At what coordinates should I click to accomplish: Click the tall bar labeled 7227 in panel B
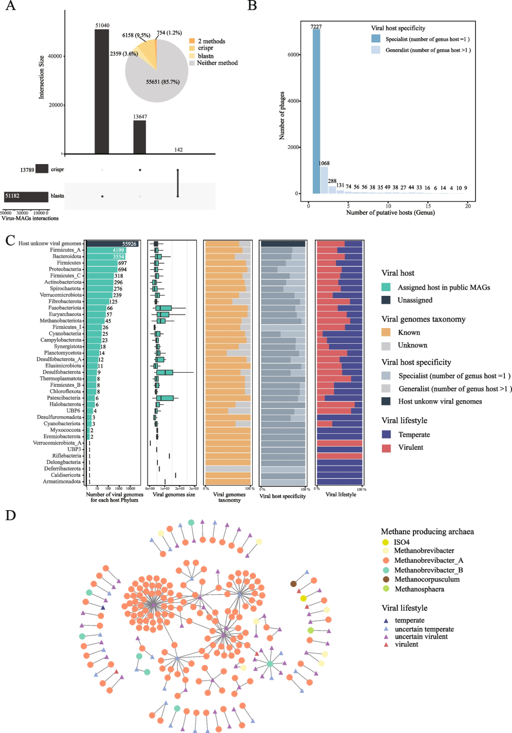click(x=316, y=111)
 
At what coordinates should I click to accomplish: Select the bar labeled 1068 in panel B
click(x=324, y=180)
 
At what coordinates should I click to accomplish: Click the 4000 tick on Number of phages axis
click(x=293, y=101)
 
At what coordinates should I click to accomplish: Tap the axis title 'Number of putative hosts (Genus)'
click(x=390, y=212)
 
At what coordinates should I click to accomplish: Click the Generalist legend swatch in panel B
click(x=375, y=50)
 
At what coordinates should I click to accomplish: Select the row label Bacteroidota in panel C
click(x=67, y=257)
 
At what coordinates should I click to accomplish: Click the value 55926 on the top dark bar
click(x=129, y=244)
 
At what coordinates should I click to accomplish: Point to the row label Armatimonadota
click(x=62, y=482)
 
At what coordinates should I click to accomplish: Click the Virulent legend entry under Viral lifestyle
click(x=411, y=448)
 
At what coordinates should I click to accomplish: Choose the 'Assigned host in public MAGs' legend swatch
click(x=386, y=287)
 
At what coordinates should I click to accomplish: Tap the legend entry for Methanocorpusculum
click(x=427, y=579)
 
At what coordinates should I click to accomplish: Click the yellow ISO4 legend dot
click(x=385, y=542)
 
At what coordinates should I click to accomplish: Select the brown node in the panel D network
click(x=293, y=584)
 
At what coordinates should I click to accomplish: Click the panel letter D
click(x=10, y=515)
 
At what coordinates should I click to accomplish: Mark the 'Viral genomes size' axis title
click(x=174, y=495)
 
